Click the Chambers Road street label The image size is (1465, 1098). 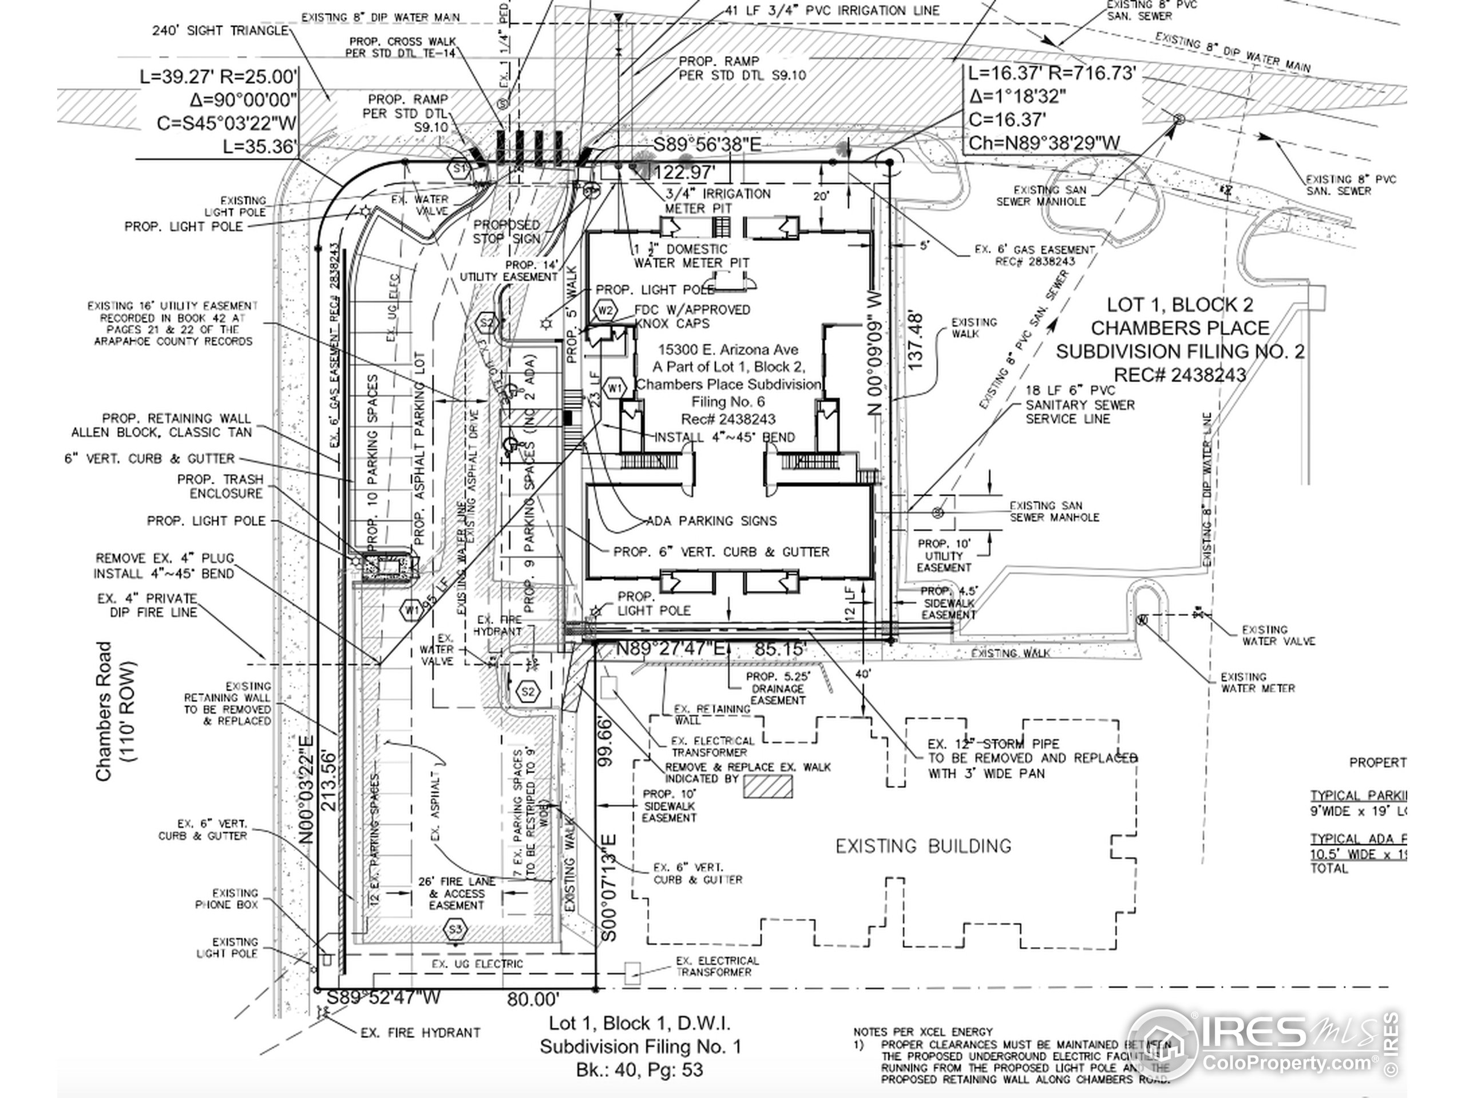pyautogui.click(x=104, y=711)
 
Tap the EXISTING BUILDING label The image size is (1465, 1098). pyautogui.click(x=923, y=846)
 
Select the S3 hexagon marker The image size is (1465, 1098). pyautogui.click(x=456, y=929)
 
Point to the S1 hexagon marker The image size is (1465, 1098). pyautogui.click(x=458, y=169)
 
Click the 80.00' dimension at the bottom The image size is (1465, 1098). pyautogui.click(x=533, y=998)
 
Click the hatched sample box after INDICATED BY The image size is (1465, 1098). pyautogui.click(x=767, y=786)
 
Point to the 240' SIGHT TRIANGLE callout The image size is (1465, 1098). pyautogui.click(x=220, y=30)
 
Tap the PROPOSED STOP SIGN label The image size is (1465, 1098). pyautogui.click(x=506, y=232)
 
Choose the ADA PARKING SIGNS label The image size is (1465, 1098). pyautogui.click(x=711, y=521)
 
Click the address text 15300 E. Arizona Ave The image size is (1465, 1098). pyautogui.click(x=728, y=349)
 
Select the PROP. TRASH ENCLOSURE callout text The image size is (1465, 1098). pyautogui.click(x=220, y=486)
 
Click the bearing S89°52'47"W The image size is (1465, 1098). pyautogui.click(x=383, y=997)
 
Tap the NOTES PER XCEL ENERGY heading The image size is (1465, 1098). pyautogui.click(x=922, y=1031)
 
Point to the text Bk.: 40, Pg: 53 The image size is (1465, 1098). pyautogui.click(x=639, y=1070)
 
